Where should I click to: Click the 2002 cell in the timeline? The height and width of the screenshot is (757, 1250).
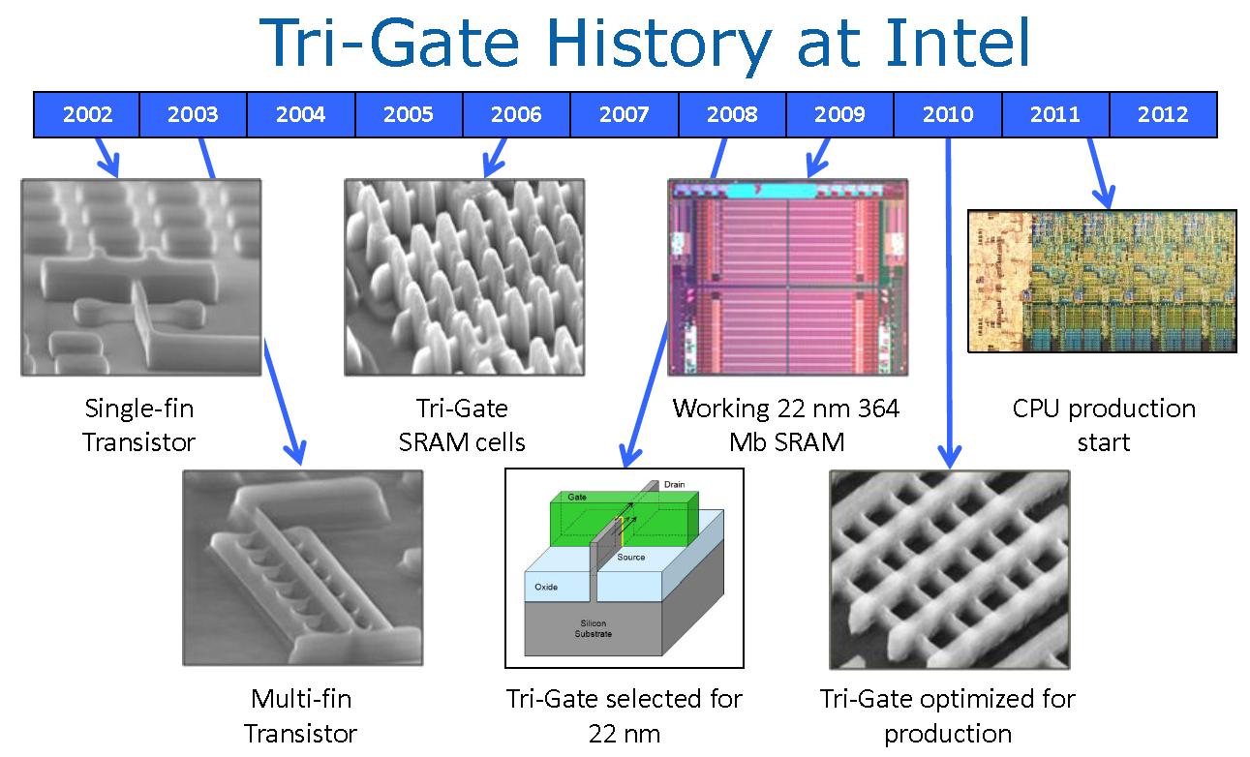point(86,114)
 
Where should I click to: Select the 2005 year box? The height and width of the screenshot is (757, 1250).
point(409,114)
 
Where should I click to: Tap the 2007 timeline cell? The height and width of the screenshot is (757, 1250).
point(624,114)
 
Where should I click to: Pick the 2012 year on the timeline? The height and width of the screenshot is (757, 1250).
point(1163,114)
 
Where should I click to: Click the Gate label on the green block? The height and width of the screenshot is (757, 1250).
point(577,497)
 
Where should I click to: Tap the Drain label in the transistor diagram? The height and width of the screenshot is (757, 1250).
point(674,484)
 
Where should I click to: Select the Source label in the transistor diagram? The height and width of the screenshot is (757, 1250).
point(630,557)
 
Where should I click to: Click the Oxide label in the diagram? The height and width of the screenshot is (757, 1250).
point(546,587)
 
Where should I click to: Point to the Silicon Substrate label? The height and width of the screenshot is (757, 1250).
point(593,628)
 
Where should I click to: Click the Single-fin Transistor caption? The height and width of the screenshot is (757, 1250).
point(139,425)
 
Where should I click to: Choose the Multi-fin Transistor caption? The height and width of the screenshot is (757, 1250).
point(301,715)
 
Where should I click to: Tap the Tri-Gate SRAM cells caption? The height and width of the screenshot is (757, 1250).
point(462,425)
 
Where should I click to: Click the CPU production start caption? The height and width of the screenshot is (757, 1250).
point(1104,425)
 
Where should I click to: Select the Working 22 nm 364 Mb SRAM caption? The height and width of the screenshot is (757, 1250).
point(786,425)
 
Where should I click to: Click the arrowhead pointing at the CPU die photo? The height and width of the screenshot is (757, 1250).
point(1105,198)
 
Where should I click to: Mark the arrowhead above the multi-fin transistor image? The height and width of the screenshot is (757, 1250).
point(295,453)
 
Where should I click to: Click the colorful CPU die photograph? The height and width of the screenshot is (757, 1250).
point(1102,281)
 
